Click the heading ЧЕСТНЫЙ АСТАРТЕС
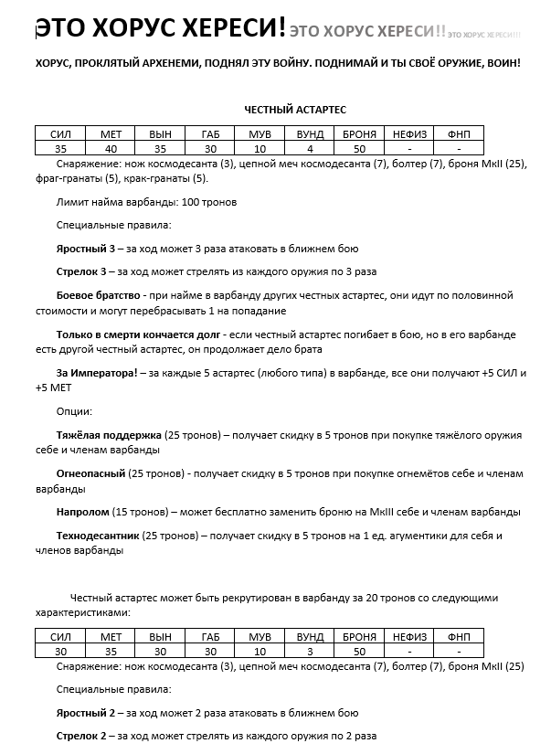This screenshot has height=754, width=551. tap(294, 109)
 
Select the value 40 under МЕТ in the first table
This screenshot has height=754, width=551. tap(110, 148)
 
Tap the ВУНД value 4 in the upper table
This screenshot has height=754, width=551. tap(310, 148)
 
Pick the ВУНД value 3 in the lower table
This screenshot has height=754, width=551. tap(310, 652)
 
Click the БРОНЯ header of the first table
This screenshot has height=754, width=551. tap(359, 134)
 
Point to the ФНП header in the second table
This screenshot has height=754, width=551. tap(459, 637)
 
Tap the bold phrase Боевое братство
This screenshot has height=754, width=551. tap(98, 296)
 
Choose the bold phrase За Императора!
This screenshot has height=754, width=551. tap(97, 374)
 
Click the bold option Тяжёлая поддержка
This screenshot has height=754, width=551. tap(109, 435)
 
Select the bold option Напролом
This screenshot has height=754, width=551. tap(82, 513)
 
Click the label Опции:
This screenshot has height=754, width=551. tap(74, 411)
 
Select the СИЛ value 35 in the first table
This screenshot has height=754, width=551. tap(60, 148)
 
